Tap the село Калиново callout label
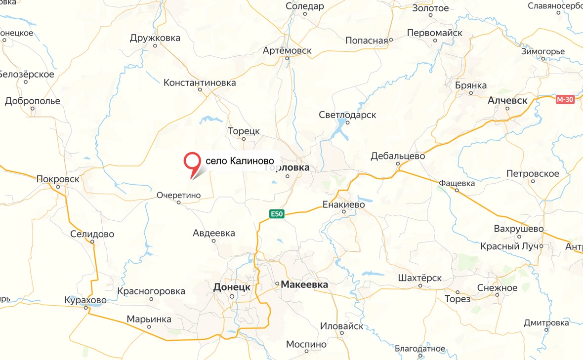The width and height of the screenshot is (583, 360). pyautogui.click(x=240, y=161)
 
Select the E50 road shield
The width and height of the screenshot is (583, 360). pyautogui.click(x=277, y=213)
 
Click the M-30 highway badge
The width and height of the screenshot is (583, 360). pyautogui.click(x=565, y=99)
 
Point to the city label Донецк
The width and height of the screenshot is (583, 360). pyautogui.click(x=232, y=287)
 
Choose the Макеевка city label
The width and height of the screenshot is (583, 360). pyautogui.click(x=304, y=284)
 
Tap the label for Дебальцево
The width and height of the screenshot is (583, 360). pyautogui.click(x=398, y=156)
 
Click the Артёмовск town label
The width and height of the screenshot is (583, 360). pyautogui.click(x=287, y=50)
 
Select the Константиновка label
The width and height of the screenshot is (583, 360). pyautogui.click(x=200, y=82)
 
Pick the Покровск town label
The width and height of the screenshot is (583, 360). pyautogui.click(x=58, y=179)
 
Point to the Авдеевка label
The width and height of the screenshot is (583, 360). pyautogui.click(x=213, y=233)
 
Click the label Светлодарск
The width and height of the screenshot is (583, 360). pyautogui.click(x=347, y=115)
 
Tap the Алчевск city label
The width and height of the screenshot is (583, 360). pyautogui.click(x=507, y=100)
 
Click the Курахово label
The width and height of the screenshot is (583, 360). pyautogui.click(x=85, y=300)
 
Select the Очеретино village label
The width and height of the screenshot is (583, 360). pyautogui.click(x=178, y=195)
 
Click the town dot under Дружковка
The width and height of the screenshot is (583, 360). pyautogui.click(x=155, y=46)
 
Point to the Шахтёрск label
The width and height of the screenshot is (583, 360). pyautogui.click(x=419, y=278)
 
